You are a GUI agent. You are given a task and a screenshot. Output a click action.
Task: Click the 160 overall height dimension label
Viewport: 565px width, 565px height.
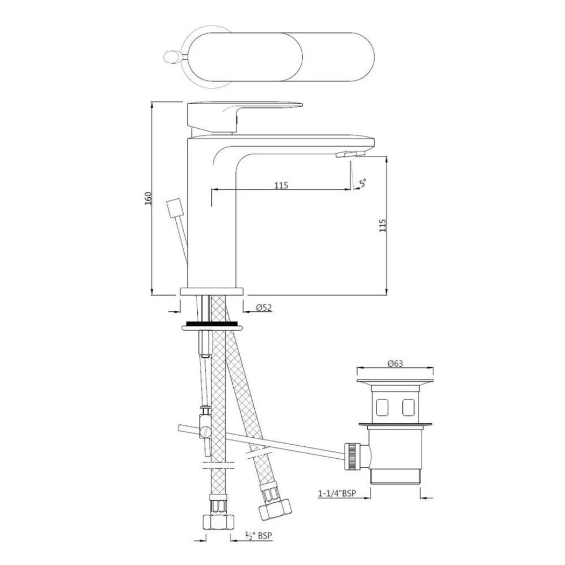148,198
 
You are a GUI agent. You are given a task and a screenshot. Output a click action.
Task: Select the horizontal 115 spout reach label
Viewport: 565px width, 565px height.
281,185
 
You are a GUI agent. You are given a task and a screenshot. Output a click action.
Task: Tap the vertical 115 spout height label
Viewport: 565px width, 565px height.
382,225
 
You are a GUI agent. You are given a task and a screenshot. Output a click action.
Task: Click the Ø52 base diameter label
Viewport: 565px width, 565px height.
264,308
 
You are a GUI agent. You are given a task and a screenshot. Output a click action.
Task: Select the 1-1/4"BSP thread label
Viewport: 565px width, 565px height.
341,493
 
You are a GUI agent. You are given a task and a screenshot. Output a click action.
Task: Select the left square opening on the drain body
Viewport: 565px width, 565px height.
382,406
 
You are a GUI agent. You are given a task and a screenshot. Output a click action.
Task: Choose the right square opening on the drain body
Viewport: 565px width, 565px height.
409,406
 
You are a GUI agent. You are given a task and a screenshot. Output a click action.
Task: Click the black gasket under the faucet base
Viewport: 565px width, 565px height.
212,324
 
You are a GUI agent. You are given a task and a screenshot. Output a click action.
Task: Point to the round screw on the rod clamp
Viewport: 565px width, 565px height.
205,433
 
